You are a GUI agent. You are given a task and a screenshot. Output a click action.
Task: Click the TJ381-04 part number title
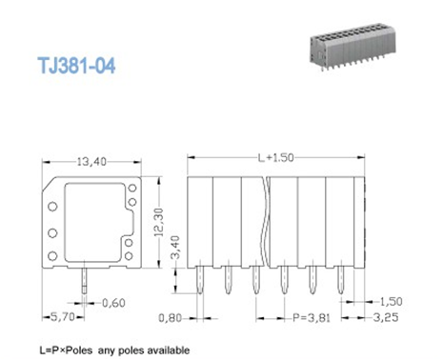coord(76,66)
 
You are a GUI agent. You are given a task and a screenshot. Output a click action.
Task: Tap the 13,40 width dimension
coord(91,162)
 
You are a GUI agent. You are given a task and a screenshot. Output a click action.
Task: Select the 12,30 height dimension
coord(158,222)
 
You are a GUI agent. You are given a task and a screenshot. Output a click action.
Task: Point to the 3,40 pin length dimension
coord(175,247)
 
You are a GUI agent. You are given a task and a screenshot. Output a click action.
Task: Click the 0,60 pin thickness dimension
coord(113,303)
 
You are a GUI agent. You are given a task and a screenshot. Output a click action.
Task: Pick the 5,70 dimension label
coord(63,317)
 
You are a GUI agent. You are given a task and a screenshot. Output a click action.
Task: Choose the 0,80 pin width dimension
coord(170,318)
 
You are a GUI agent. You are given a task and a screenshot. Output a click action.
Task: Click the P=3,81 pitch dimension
coord(312,317)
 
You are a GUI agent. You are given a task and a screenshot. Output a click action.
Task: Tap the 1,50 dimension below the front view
coord(391,301)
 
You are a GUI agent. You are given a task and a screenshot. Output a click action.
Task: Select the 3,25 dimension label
coord(386,317)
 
